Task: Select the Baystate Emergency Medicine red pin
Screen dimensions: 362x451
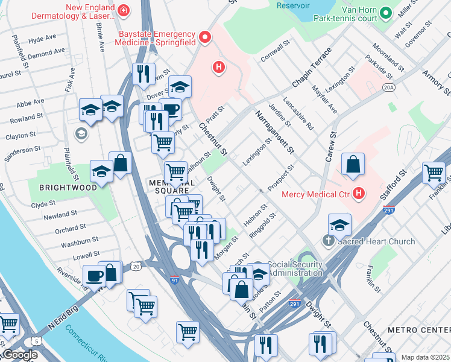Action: point(205,38)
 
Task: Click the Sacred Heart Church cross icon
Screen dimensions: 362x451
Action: point(328,241)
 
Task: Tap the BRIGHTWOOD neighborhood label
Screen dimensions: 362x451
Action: point(68,188)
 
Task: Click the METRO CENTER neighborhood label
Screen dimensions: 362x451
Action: point(418,330)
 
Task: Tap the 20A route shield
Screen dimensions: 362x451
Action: point(389,88)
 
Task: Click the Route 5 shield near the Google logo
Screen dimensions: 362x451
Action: point(37,342)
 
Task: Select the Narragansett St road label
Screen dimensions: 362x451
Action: point(274,131)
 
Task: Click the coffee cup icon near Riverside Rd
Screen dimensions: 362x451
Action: point(94,276)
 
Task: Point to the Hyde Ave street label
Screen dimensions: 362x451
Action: point(42,39)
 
